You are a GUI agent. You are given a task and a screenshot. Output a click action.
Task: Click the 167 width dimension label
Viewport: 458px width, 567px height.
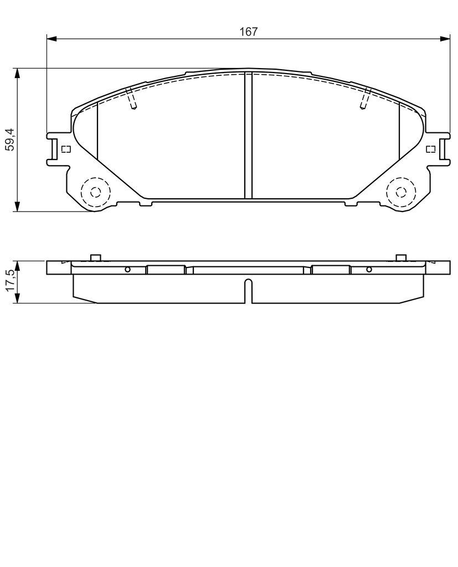pos(249,32)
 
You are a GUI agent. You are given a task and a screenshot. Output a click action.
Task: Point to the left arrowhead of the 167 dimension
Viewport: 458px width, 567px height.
pos(52,39)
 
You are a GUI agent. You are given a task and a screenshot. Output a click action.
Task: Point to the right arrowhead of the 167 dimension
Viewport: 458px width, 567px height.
pos(445,39)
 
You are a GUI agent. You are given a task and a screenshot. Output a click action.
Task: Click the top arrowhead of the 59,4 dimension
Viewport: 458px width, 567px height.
pos(17,73)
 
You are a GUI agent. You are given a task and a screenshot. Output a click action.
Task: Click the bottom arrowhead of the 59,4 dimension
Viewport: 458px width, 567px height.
pos(17,207)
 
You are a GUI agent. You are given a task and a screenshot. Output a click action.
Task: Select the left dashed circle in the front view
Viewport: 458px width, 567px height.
pos(95,192)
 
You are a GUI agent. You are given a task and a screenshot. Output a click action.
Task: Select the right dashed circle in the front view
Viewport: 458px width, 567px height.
pos(401,192)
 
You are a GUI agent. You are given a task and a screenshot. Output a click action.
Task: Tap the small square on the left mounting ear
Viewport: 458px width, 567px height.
pos(66,149)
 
